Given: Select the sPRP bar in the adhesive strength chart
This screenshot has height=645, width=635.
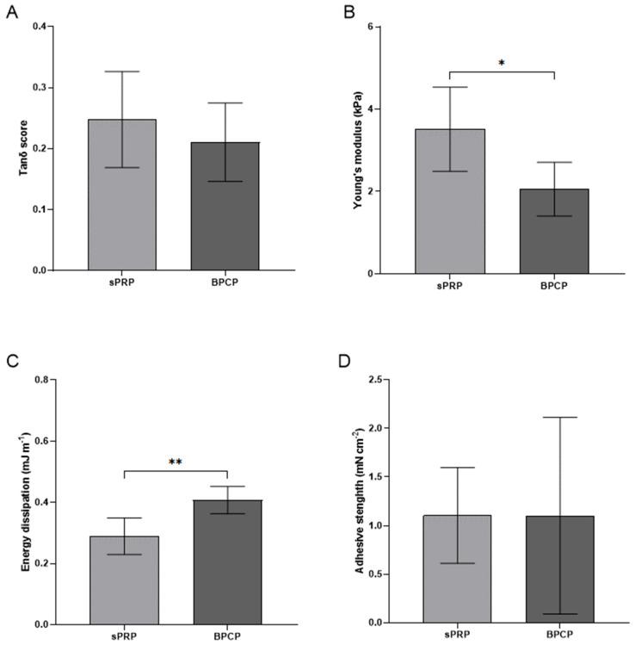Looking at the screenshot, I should click(x=457, y=568).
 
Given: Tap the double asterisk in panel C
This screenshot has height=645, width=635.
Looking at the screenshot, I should click(x=175, y=462).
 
